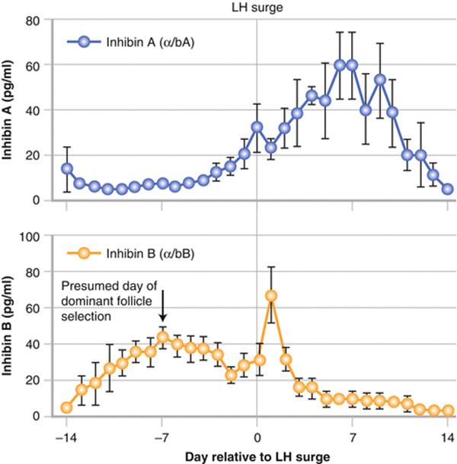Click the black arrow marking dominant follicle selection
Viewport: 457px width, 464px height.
click(162, 313)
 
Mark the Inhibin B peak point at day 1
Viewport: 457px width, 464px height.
click(270, 295)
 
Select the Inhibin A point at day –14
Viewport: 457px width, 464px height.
click(67, 169)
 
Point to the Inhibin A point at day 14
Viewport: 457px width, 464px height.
click(448, 189)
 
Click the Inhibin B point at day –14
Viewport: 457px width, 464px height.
click(67, 408)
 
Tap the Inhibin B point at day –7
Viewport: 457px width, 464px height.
click(162, 337)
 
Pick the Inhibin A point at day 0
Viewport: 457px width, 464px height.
click(257, 127)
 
